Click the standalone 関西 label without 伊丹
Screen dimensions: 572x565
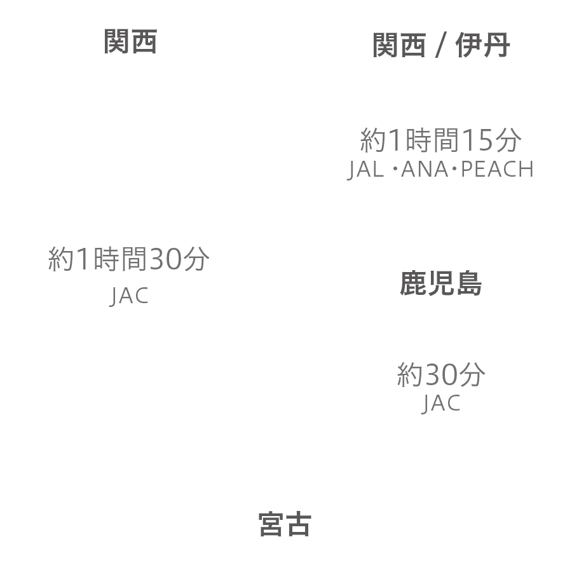coord(130,41)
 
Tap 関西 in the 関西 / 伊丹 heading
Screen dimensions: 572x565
coord(399,45)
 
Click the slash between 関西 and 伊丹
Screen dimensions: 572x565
coord(440,45)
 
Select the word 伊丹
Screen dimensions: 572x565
coord(482,45)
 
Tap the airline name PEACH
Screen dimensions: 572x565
coord(497,169)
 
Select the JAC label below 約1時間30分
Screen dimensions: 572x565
coord(129,296)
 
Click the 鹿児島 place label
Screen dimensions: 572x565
coord(440,283)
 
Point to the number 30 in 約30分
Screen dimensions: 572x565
coord(442,374)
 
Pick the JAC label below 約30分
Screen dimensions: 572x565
coord(441,404)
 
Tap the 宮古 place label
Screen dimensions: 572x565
coord(285,524)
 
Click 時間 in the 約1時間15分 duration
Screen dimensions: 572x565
coord(432,140)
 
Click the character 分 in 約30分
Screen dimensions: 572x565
coord(472,374)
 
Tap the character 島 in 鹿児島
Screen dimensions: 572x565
coord(469,283)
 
